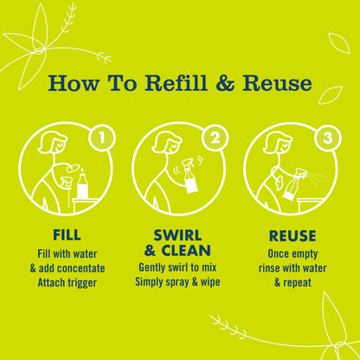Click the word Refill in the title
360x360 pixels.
(x=176, y=83)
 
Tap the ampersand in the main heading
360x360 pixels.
(x=225, y=83)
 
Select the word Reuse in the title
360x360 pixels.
(x=278, y=83)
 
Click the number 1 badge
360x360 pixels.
(x=101, y=138)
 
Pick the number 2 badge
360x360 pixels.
(x=215, y=138)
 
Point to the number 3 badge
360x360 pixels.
(x=328, y=138)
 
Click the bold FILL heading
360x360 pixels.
(x=67, y=235)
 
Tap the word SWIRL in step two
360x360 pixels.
(x=177, y=235)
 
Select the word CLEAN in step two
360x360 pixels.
(x=186, y=250)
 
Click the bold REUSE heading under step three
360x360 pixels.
(x=292, y=235)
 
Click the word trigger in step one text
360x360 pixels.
(x=81, y=283)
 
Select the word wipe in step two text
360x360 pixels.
(x=210, y=282)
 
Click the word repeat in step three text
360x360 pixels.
(x=297, y=283)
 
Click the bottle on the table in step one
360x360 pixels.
(x=83, y=184)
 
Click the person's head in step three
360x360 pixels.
(x=276, y=142)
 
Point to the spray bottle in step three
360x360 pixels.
(x=293, y=183)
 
